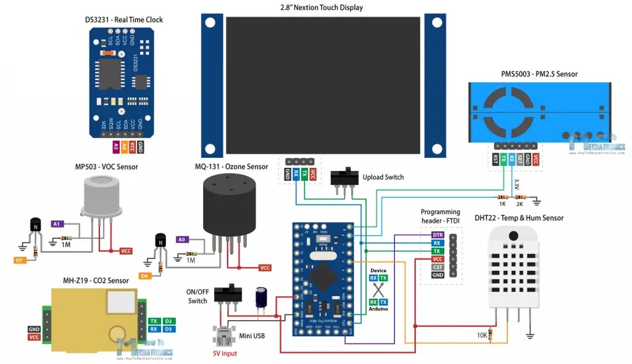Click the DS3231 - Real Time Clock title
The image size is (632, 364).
coord(124,20)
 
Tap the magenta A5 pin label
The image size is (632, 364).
coord(115,147)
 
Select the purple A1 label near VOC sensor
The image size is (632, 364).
coord(57,223)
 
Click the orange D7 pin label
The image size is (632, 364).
coord(20,260)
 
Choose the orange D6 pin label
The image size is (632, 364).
coord(145,276)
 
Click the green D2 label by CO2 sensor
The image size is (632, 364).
coord(169,321)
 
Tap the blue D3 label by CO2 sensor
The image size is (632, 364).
coord(169,329)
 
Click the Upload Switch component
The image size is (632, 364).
coord(345,177)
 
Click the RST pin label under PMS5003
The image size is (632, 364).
coord(496,159)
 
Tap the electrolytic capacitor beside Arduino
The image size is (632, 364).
coord(262,297)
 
